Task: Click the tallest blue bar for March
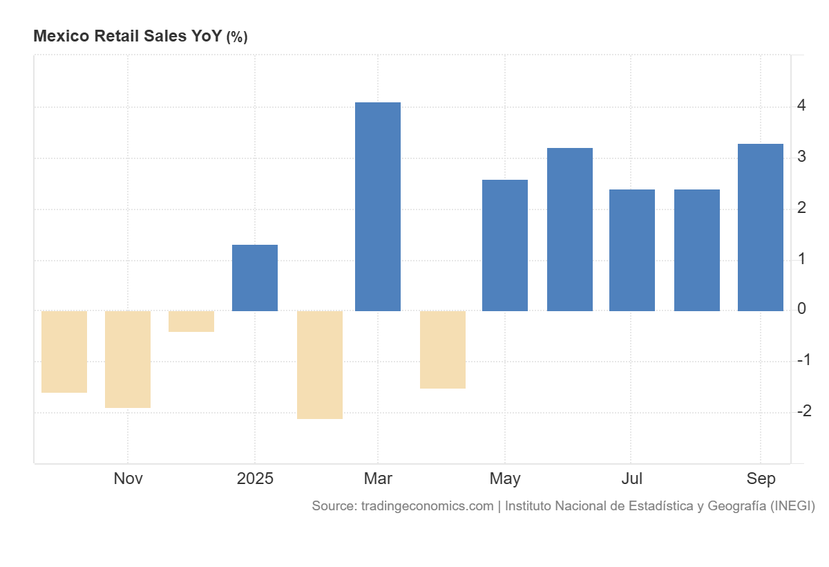377,207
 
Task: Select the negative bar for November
128,359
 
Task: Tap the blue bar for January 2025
254,278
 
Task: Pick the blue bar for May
504,245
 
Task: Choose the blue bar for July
631,250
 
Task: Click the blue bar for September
760,227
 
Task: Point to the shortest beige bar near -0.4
191,322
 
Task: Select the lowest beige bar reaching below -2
319,364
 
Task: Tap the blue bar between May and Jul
569,230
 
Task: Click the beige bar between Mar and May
442,349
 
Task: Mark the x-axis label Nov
128,478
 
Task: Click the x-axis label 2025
254,478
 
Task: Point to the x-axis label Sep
761,478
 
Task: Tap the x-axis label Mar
377,478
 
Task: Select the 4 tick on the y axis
801,106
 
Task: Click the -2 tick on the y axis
803,411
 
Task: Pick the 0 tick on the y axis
801,309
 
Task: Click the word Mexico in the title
59,36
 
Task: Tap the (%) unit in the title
237,37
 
